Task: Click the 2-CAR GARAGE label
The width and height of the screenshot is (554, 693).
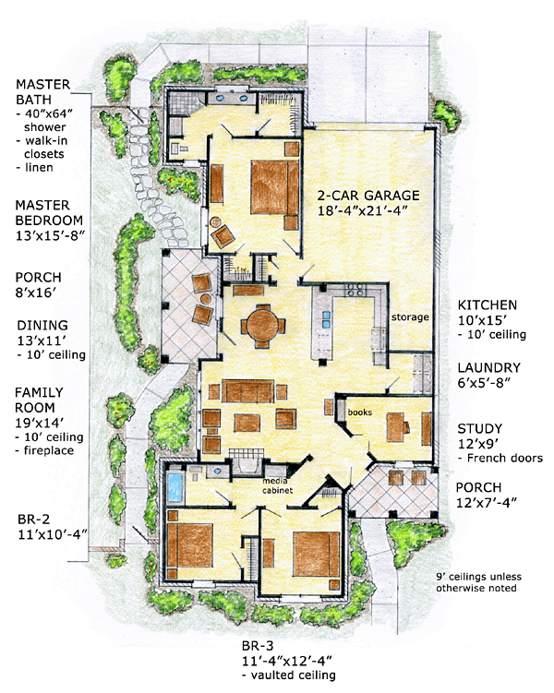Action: [368, 196]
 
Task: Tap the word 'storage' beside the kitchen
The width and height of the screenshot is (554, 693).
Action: [410, 317]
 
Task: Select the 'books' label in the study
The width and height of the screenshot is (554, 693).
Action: [359, 412]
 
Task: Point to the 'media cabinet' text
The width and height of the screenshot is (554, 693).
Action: [277, 485]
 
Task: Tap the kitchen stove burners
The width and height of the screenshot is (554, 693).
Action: [355, 290]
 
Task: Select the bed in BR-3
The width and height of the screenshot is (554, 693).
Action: [316, 554]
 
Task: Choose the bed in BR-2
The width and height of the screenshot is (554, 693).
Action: [189, 545]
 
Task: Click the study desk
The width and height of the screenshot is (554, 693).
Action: [396, 427]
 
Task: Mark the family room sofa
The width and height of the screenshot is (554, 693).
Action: [247, 390]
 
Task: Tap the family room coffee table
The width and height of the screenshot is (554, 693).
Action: [247, 423]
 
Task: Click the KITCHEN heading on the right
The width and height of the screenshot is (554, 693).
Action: [487, 305]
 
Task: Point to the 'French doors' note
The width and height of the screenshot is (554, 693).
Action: [504, 458]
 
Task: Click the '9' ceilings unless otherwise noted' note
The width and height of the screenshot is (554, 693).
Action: [478, 582]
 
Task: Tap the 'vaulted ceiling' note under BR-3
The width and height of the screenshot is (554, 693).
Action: [293, 675]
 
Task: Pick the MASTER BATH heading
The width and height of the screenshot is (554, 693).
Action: [42, 92]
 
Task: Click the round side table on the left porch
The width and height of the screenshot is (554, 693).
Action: [206, 299]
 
